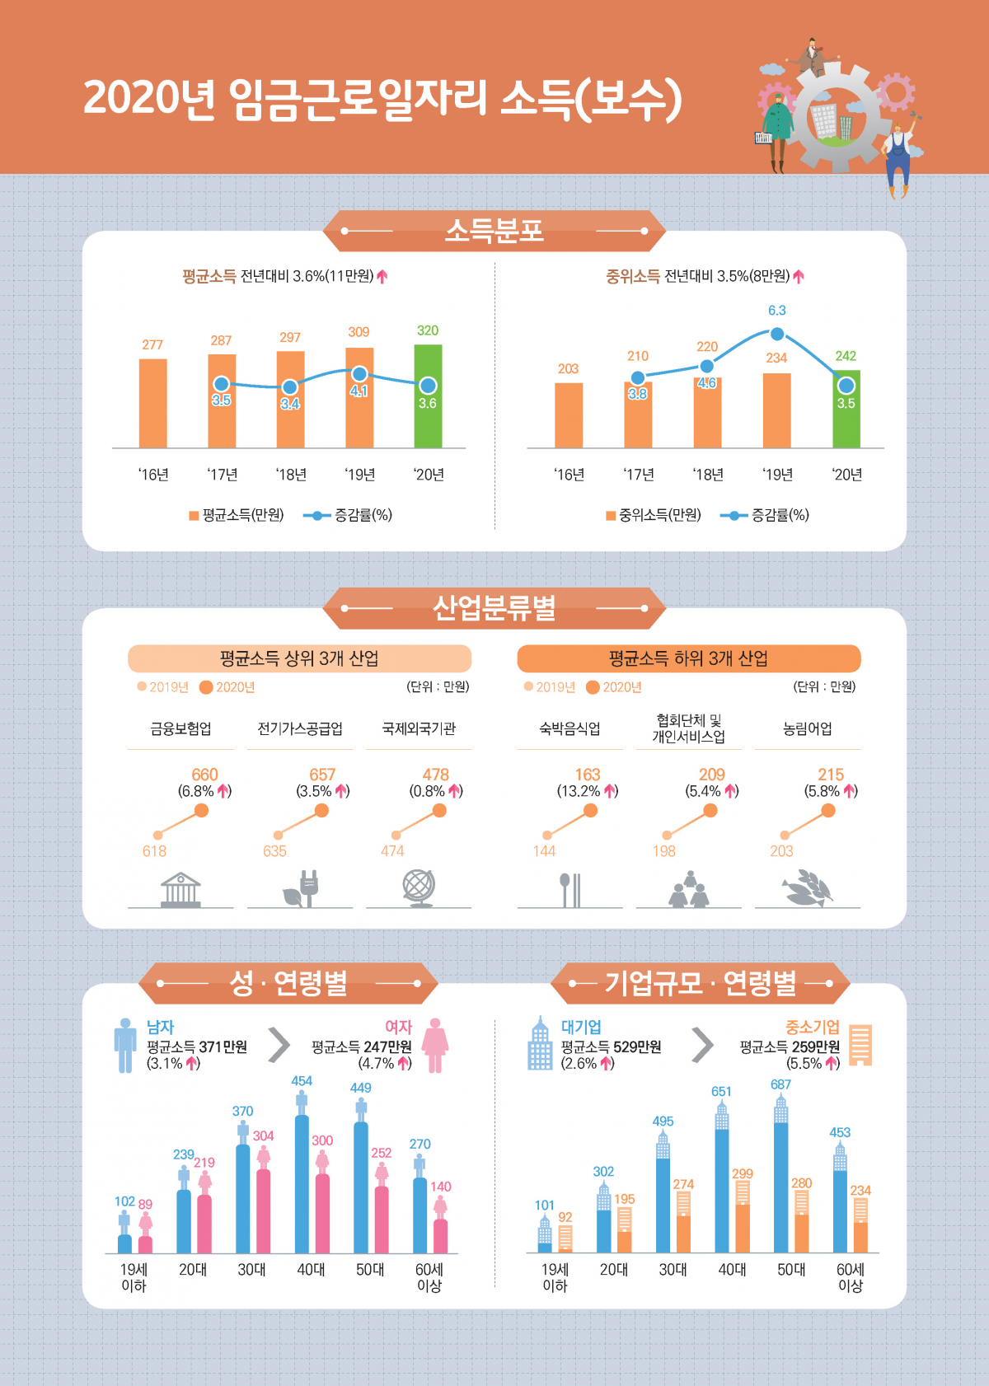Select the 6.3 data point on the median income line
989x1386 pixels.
tap(776, 334)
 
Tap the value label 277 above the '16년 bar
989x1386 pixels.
tap(152, 344)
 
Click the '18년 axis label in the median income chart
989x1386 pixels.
tap(708, 475)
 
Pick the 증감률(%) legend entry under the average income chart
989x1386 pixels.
tap(349, 515)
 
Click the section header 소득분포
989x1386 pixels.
tap(494, 230)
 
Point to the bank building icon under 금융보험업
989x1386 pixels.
tap(180, 889)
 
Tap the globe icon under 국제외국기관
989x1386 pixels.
tap(419, 888)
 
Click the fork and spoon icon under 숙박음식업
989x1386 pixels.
tap(570, 889)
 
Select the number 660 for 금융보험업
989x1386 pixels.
tap(204, 775)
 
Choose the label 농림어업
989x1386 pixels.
tap(807, 728)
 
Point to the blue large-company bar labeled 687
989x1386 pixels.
tap(780, 1187)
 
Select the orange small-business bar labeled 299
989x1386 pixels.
tap(742, 1228)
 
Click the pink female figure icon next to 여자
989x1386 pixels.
tap(435, 1045)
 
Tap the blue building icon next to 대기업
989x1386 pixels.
tap(540, 1044)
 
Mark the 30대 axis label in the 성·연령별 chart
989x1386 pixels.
tap(251, 1270)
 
